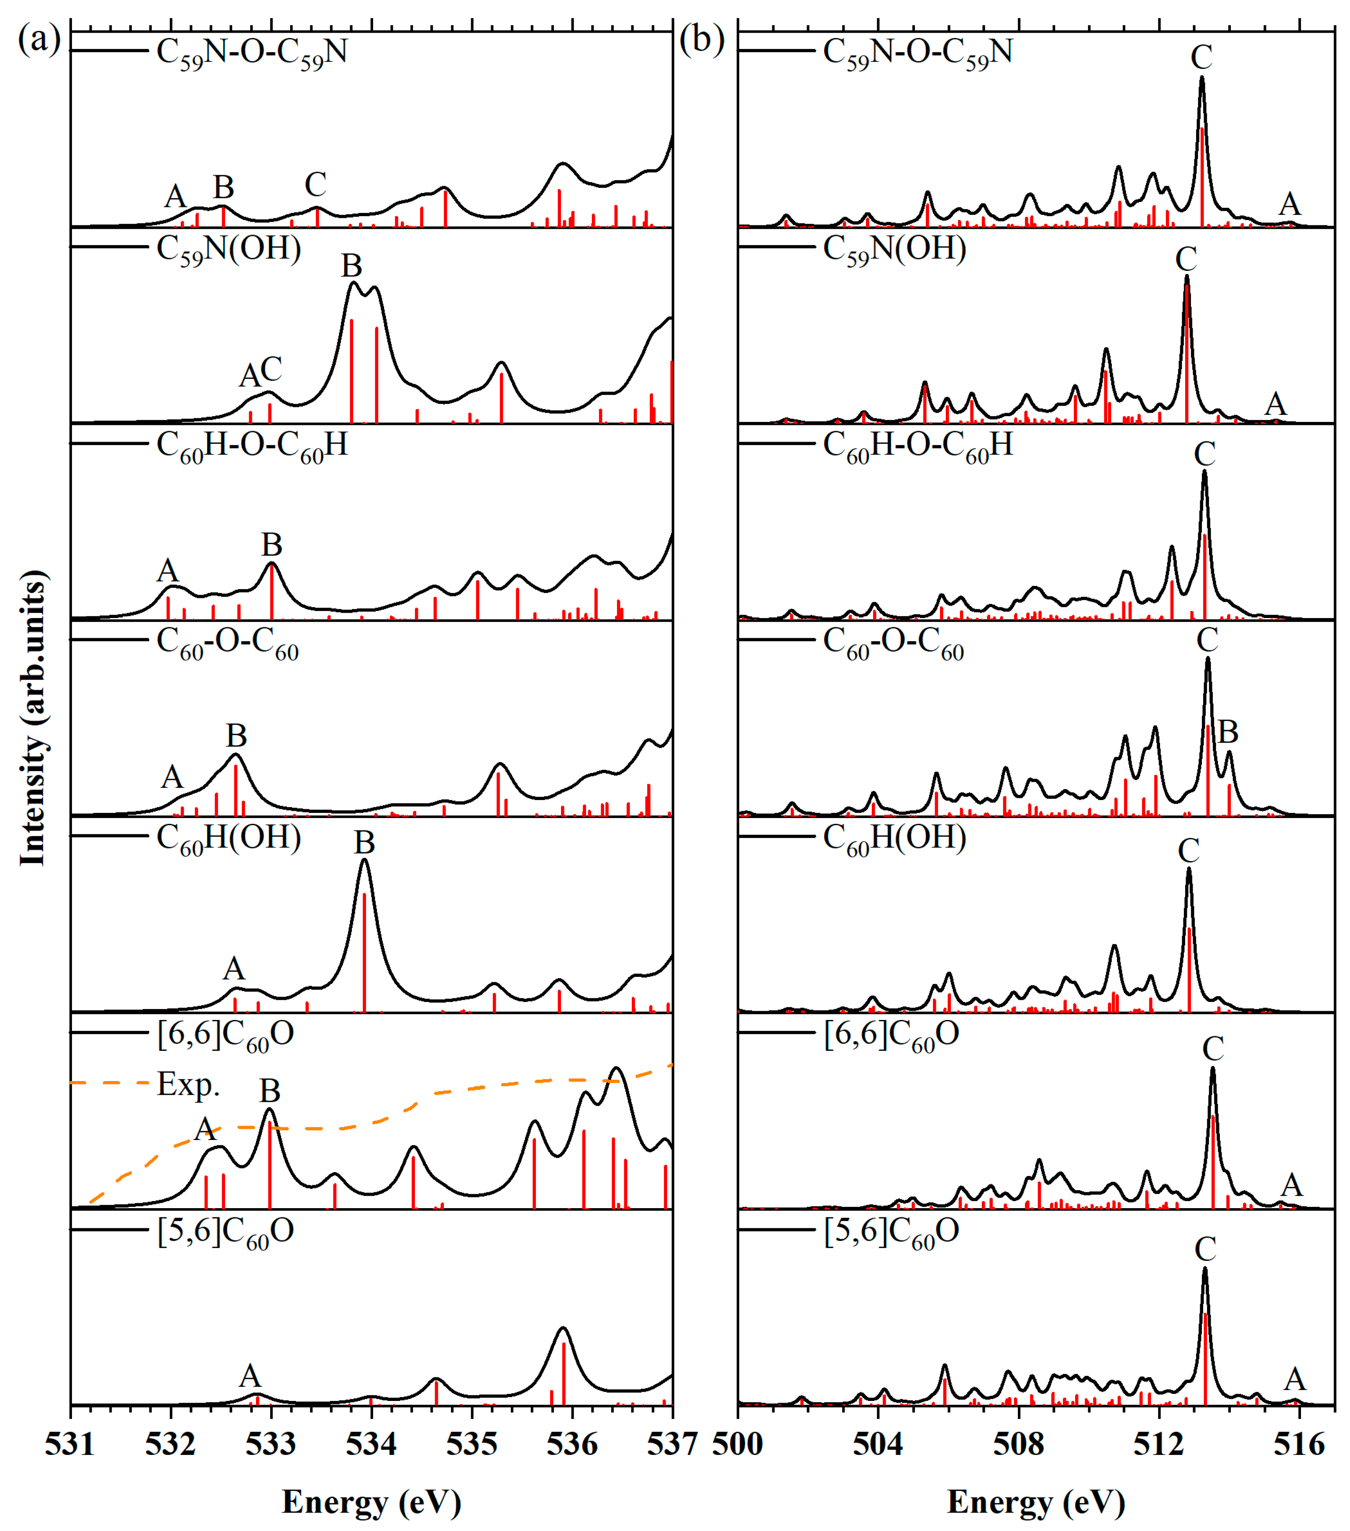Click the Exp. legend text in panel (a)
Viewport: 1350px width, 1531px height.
188,1085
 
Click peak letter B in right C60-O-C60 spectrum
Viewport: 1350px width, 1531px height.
1228,732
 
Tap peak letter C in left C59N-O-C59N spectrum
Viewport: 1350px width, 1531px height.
315,184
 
